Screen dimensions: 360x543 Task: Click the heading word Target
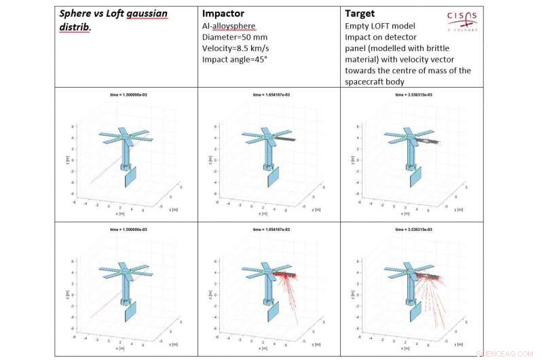[360, 13]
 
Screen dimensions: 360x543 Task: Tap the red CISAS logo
[462, 18]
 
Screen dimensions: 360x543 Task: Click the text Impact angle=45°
[235, 59]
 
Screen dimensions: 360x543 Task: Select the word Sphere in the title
[77, 14]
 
